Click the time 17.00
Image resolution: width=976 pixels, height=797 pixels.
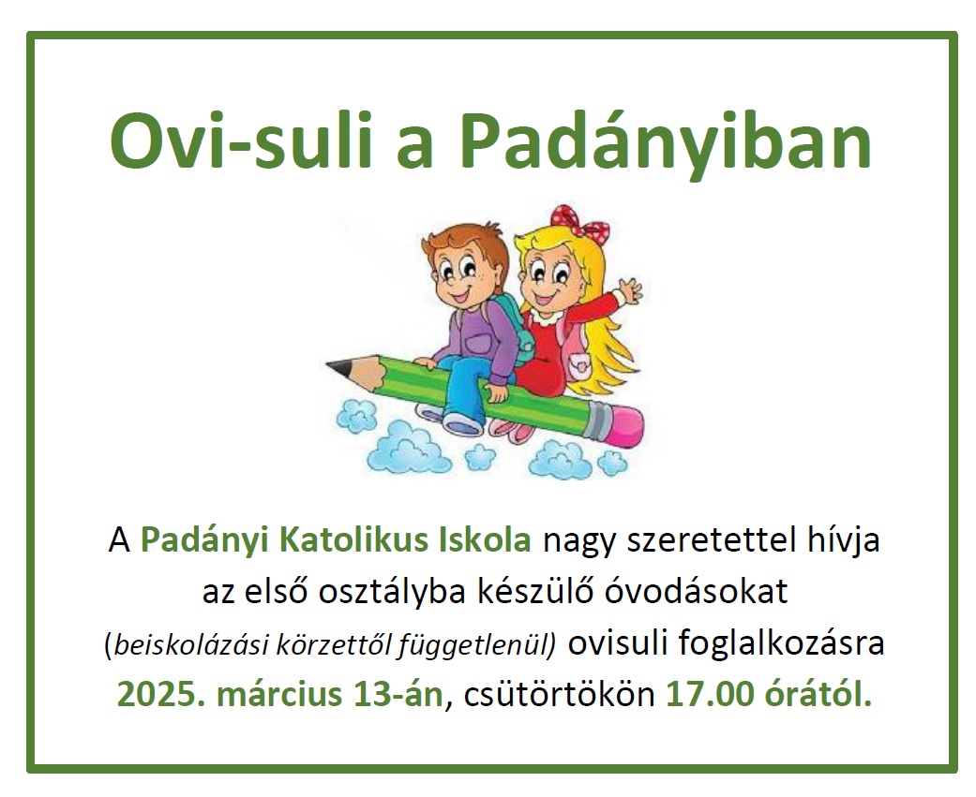tap(710, 694)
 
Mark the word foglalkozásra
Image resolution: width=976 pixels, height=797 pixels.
tap(781, 644)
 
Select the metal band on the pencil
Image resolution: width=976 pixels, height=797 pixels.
tap(595, 419)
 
